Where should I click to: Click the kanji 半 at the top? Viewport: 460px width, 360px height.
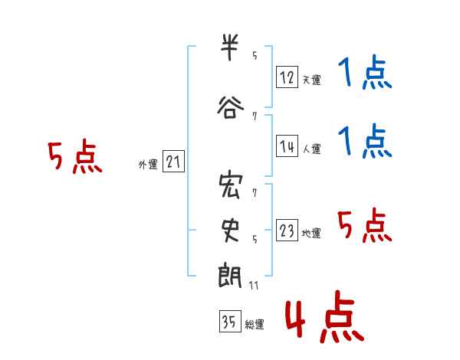[x=229, y=47]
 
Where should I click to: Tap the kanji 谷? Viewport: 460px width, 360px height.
[x=231, y=107]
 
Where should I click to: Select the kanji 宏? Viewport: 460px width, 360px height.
[x=231, y=185]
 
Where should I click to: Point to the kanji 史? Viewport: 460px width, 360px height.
[x=231, y=231]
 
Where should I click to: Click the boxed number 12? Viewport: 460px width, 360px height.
[x=287, y=77]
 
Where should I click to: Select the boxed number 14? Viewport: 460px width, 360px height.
[x=287, y=146]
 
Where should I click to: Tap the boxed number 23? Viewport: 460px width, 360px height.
[x=287, y=230]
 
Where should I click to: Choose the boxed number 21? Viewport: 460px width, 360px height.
[x=173, y=162]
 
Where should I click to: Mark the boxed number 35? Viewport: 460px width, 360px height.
[x=230, y=321]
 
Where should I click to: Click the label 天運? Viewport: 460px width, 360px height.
[x=311, y=80]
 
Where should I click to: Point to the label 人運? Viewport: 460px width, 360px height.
[x=311, y=149]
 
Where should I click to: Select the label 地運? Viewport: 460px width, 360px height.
[x=311, y=233]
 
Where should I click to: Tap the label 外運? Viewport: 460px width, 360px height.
[x=148, y=165]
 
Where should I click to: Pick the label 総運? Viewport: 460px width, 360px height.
[x=255, y=325]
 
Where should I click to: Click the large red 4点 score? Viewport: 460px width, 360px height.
[x=325, y=317]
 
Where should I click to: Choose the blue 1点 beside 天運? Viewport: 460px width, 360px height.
[x=365, y=72]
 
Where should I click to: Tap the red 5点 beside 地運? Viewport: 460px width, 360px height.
[x=365, y=225]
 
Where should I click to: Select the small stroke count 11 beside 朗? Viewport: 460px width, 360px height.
[x=254, y=285]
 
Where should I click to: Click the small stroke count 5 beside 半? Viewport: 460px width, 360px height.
[x=255, y=55]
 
